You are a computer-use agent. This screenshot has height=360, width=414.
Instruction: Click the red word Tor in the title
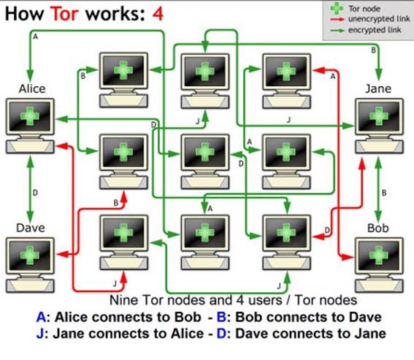click(64, 13)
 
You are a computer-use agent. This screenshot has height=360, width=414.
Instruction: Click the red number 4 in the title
click(158, 14)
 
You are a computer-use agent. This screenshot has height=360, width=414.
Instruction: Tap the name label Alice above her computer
click(32, 89)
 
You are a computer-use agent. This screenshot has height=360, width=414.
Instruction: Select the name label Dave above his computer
click(31, 228)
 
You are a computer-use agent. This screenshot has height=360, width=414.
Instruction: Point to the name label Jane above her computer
click(378, 89)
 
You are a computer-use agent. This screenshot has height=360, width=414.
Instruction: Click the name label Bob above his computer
click(378, 229)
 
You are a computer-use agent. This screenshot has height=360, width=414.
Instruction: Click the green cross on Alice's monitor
click(29, 115)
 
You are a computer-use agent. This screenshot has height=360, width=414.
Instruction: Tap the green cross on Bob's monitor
click(379, 255)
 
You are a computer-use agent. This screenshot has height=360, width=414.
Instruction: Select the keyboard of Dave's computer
click(30, 286)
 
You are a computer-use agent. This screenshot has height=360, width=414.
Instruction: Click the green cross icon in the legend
click(337, 9)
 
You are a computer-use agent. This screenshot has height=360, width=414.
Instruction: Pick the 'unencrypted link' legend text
click(379, 19)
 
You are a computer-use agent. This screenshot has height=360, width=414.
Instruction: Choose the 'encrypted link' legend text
click(375, 30)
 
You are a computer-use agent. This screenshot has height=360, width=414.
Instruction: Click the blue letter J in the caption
click(40, 334)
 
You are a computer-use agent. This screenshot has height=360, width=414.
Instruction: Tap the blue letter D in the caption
click(221, 334)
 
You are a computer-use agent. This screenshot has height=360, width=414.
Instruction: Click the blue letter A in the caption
click(42, 317)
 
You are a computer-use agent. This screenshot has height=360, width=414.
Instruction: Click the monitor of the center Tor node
click(205, 153)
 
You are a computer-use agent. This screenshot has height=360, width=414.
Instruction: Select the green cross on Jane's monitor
click(379, 115)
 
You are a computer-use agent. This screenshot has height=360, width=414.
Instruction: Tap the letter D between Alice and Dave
click(35, 193)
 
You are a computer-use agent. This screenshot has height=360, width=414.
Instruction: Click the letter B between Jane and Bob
click(384, 193)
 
